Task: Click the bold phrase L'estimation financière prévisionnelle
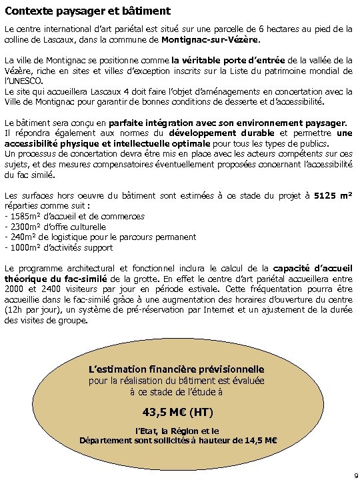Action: tap(176, 369)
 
